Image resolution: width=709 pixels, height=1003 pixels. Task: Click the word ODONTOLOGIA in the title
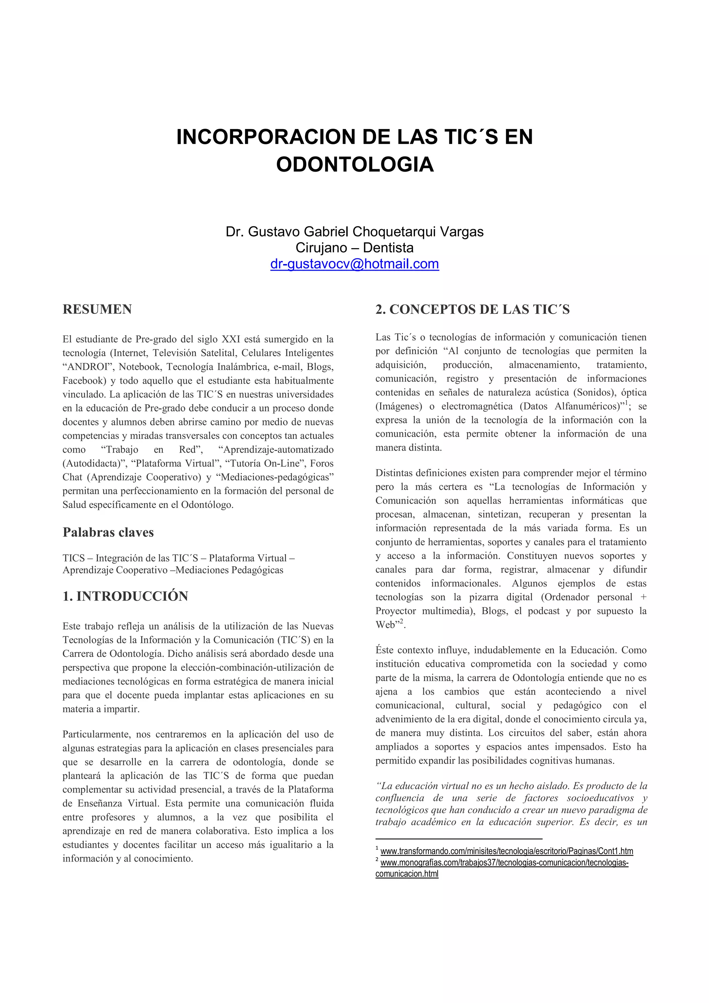355,165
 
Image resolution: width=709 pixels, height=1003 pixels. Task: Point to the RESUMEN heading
97,309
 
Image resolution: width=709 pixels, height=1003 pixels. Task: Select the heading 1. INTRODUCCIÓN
125,596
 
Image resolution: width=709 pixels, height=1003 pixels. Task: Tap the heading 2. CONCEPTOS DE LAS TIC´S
472,309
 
